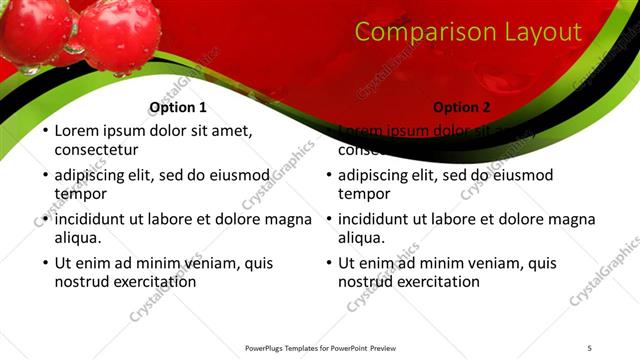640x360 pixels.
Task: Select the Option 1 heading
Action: coord(178,107)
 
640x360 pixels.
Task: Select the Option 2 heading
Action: coord(462,107)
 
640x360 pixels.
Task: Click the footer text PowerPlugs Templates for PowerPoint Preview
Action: coord(320,347)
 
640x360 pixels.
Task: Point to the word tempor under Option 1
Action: coord(81,194)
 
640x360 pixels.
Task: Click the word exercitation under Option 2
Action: coord(437,282)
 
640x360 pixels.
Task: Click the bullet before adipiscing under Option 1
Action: coord(43,176)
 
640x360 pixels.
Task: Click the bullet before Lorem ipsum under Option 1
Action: coord(43,131)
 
